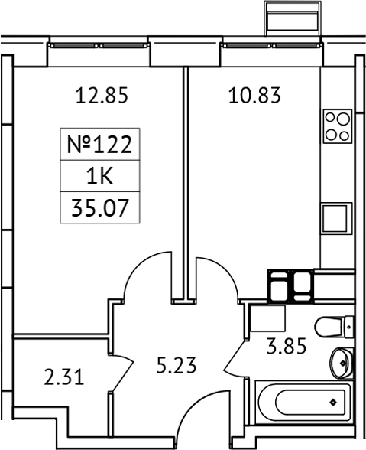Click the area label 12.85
[100, 96]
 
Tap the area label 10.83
[254, 96]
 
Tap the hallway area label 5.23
[177, 365]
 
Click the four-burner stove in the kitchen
[335, 126]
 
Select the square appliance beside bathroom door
[267, 316]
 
